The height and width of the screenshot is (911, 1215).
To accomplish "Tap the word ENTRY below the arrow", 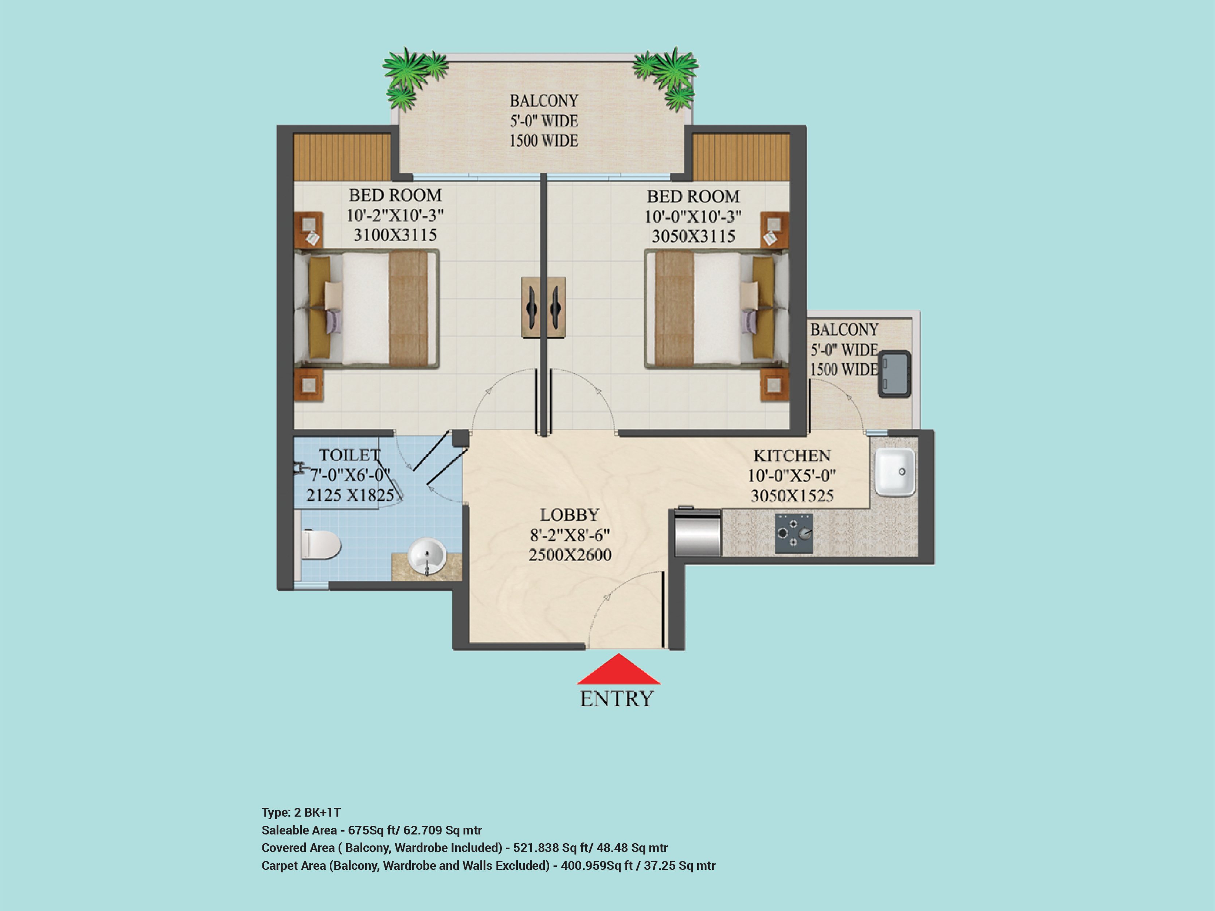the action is point(617,699).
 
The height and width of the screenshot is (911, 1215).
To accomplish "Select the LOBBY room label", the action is point(570,515).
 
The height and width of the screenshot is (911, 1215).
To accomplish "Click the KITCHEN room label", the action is point(792,456).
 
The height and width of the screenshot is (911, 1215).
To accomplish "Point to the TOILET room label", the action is point(350,455).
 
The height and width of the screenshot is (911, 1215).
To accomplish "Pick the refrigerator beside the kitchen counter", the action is point(698,533).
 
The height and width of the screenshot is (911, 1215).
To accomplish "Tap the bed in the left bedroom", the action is point(366,309).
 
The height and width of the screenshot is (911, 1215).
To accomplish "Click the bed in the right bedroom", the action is point(717,309).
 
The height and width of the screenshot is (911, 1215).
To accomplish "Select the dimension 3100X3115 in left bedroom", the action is point(395,235).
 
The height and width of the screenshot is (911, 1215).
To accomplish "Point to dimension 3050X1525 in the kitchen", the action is point(792,496).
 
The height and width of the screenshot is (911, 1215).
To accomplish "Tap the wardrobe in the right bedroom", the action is point(741,157).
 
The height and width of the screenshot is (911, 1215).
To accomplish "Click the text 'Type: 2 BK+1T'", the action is point(301,812).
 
